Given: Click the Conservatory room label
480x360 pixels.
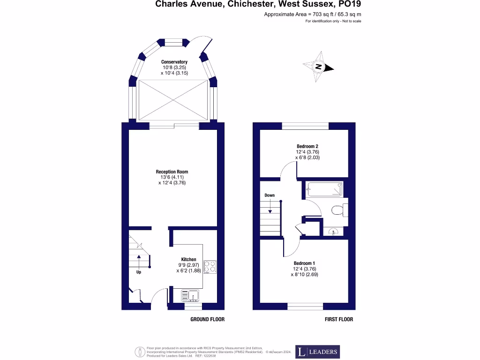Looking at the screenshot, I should pyautogui.click(x=174, y=62).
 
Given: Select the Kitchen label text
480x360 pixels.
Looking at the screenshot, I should pyautogui.click(x=188, y=259).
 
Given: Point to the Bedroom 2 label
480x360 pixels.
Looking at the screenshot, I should pyautogui.click(x=307, y=146).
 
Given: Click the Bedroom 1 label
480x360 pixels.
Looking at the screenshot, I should pyautogui.click(x=304, y=263).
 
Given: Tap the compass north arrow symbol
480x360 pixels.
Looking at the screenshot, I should pyautogui.click(x=318, y=67).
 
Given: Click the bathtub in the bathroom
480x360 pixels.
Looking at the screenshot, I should pyautogui.click(x=324, y=189).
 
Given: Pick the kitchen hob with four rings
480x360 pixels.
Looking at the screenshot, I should pyautogui.click(x=210, y=267).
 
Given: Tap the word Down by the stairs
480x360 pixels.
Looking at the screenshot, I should pyautogui.click(x=270, y=195).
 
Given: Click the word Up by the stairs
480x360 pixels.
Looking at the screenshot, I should pyautogui.click(x=139, y=272).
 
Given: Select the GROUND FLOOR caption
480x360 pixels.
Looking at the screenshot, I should pyautogui.click(x=207, y=319).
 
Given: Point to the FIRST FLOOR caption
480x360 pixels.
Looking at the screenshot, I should pyautogui.click(x=339, y=319).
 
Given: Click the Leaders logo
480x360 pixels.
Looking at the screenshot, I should pyautogui.click(x=317, y=352).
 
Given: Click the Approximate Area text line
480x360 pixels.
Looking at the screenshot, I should pyautogui.click(x=313, y=15).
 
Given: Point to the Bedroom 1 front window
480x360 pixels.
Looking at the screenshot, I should pyautogui.click(x=305, y=307).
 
